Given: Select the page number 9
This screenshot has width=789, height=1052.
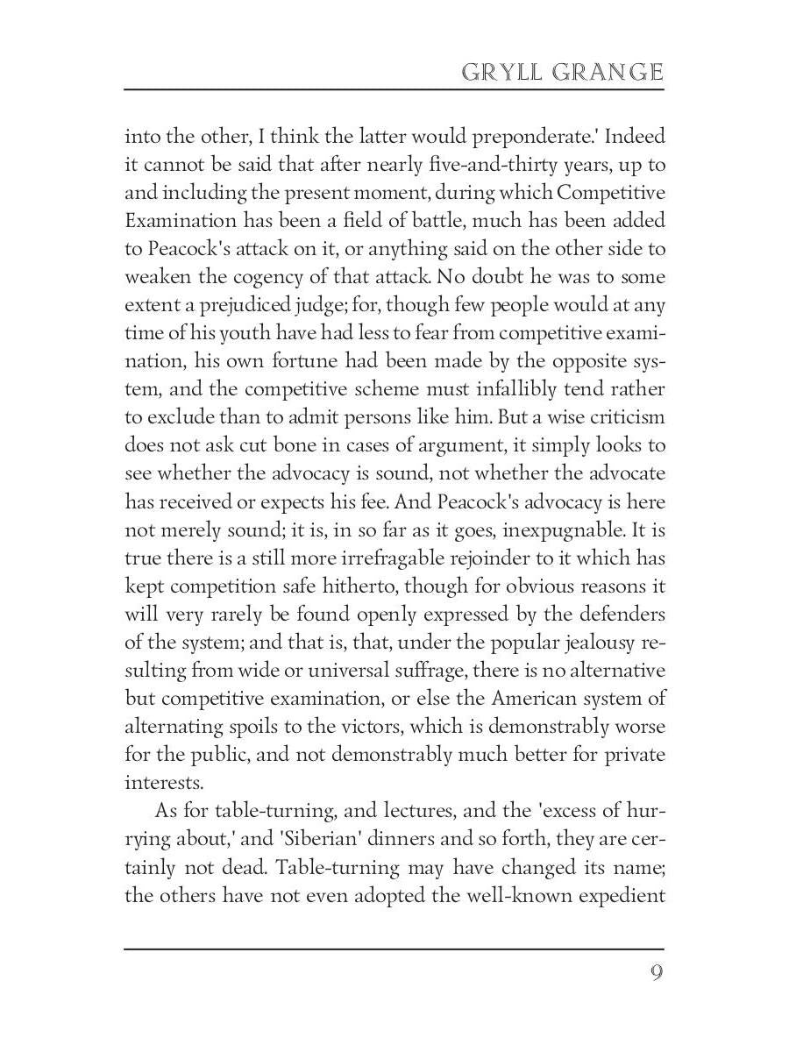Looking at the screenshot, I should pos(656,974).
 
